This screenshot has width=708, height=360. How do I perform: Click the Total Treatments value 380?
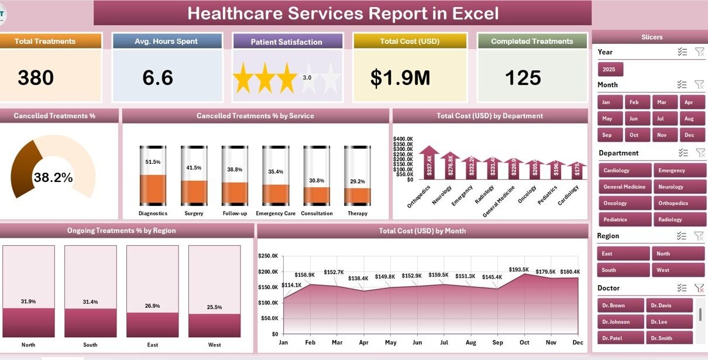click(x=36, y=78)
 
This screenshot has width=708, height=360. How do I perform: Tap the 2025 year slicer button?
click(x=610, y=69)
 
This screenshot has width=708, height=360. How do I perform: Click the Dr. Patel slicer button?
click(x=620, y=338)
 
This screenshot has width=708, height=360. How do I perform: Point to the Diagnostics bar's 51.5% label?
click(x=153, y=162)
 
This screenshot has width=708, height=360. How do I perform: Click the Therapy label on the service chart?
click(x=357, y=214)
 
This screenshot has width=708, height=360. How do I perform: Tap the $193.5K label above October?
click(x=518, y=269)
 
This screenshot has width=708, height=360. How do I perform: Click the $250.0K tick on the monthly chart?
click(x=268, y=256)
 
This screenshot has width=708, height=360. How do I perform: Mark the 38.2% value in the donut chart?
click(x=53, y=178)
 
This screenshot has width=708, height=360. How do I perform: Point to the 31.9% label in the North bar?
click(x=28, y=301)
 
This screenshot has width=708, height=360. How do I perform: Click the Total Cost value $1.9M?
click(x=400, y=78)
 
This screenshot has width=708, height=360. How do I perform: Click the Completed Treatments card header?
click(x=532, y=41)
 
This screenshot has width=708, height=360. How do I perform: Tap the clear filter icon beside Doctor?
click(x=699, y=288)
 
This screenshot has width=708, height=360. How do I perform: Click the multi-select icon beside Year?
click(x=682, y=52)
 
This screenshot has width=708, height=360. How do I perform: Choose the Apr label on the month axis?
click(x=363, y=342)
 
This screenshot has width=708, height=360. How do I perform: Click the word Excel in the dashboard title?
click(x=476, y=13)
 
